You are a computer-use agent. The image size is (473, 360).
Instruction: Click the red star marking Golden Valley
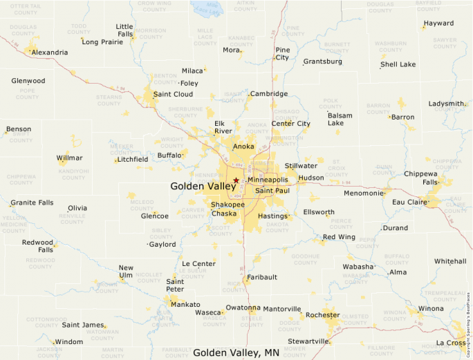tap(236, 180)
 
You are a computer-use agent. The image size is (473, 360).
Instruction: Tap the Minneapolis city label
tap(268, 180)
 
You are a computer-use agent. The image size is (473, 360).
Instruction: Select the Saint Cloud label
tap(173, 94)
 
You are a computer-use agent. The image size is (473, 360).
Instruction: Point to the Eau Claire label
tap(408, 202)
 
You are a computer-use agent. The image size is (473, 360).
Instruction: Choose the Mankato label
tap(185, 304)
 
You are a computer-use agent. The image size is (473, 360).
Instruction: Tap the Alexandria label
tap(50, 53)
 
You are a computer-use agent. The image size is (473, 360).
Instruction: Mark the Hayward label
tap(438, 23)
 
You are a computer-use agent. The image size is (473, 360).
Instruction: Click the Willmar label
tap(69, 158)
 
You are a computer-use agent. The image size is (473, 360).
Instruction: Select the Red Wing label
tap(339, 237)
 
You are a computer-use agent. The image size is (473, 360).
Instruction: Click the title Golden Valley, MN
tap(236, 352)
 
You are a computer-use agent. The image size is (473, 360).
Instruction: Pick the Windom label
tap(69, 341)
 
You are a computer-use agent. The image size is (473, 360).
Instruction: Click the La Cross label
tap(451, 343)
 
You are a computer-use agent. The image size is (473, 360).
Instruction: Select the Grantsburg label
tap(322, 61)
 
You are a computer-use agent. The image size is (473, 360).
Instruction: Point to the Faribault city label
tap(263, 277)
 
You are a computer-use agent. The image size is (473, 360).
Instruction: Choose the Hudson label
tap(311, 178)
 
